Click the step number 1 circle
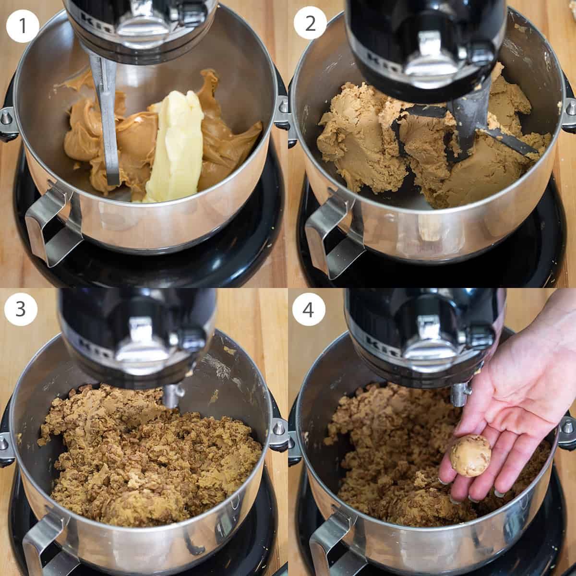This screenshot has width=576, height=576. coord(23,25)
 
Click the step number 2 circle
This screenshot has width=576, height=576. coord(310,23)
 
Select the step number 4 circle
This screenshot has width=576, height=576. coord(308,310)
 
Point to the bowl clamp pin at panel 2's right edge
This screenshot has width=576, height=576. coord(569,108)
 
